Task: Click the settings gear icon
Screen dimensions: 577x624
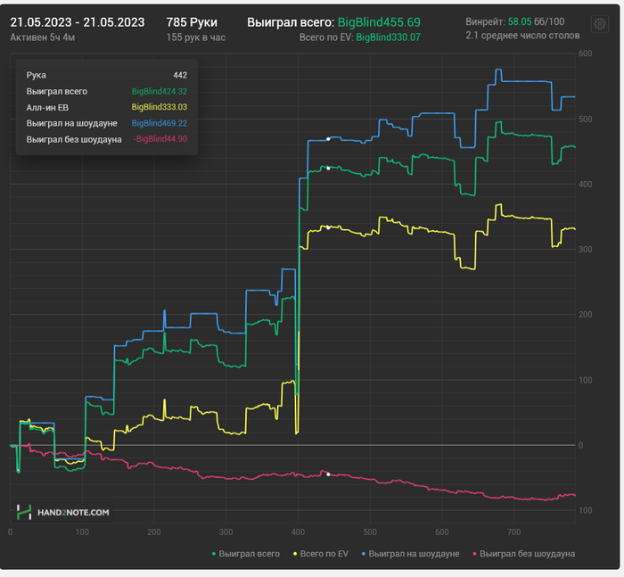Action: (601, 23)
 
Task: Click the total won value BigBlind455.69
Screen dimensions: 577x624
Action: (379, 21)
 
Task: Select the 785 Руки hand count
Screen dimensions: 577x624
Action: (192, 21)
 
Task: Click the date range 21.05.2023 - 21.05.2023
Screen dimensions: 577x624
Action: (77, 21)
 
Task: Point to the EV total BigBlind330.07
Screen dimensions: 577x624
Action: (388, 37)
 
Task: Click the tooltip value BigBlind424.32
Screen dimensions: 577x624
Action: (159, 91)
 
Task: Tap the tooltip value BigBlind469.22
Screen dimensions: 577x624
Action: (159, 123)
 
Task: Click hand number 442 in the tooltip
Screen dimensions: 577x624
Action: (179, 75)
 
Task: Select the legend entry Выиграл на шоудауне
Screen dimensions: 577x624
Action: (413, 554)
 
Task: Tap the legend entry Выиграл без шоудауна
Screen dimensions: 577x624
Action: (526, 554)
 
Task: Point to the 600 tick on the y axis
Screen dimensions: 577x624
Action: (586, 54)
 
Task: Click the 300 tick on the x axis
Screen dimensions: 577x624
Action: (226, 532)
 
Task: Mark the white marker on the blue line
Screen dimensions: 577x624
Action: (328, 139)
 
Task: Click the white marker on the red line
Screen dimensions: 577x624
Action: (328, 474)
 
